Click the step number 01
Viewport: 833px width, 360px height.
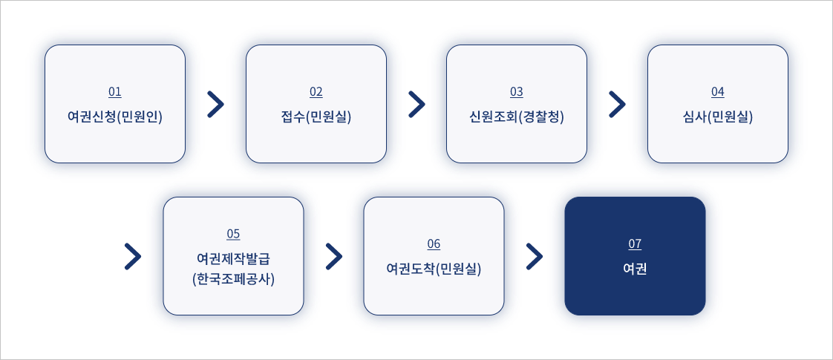pos(115,92)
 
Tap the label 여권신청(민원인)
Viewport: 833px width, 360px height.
pos(115,117)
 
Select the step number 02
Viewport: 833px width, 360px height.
pos(316,92)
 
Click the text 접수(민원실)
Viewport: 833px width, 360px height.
pos(316,117)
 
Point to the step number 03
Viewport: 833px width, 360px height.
pos(517,92)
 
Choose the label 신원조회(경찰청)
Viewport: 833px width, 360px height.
pos(517,117)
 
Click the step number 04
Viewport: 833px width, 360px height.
pos(717,92)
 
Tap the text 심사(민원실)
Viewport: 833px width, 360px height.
pos(717,117)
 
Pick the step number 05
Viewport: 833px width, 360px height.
pos(233,235)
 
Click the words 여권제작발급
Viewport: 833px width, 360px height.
pos(233,259)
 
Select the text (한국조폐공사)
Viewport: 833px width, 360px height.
pos(233,280)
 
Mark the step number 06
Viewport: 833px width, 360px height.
pos(434,244)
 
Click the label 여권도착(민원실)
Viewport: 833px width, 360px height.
pos(434,269)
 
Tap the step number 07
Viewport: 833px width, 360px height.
pos(635,244)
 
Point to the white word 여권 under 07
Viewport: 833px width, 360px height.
pos(635,269)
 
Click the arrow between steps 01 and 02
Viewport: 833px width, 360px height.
pos(215,105)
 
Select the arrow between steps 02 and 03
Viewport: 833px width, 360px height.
pos(416,105)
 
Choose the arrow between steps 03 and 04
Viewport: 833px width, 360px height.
pos(617,105)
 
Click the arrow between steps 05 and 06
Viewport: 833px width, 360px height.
pos(334,256)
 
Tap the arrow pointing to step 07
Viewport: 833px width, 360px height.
pos(535,256)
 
